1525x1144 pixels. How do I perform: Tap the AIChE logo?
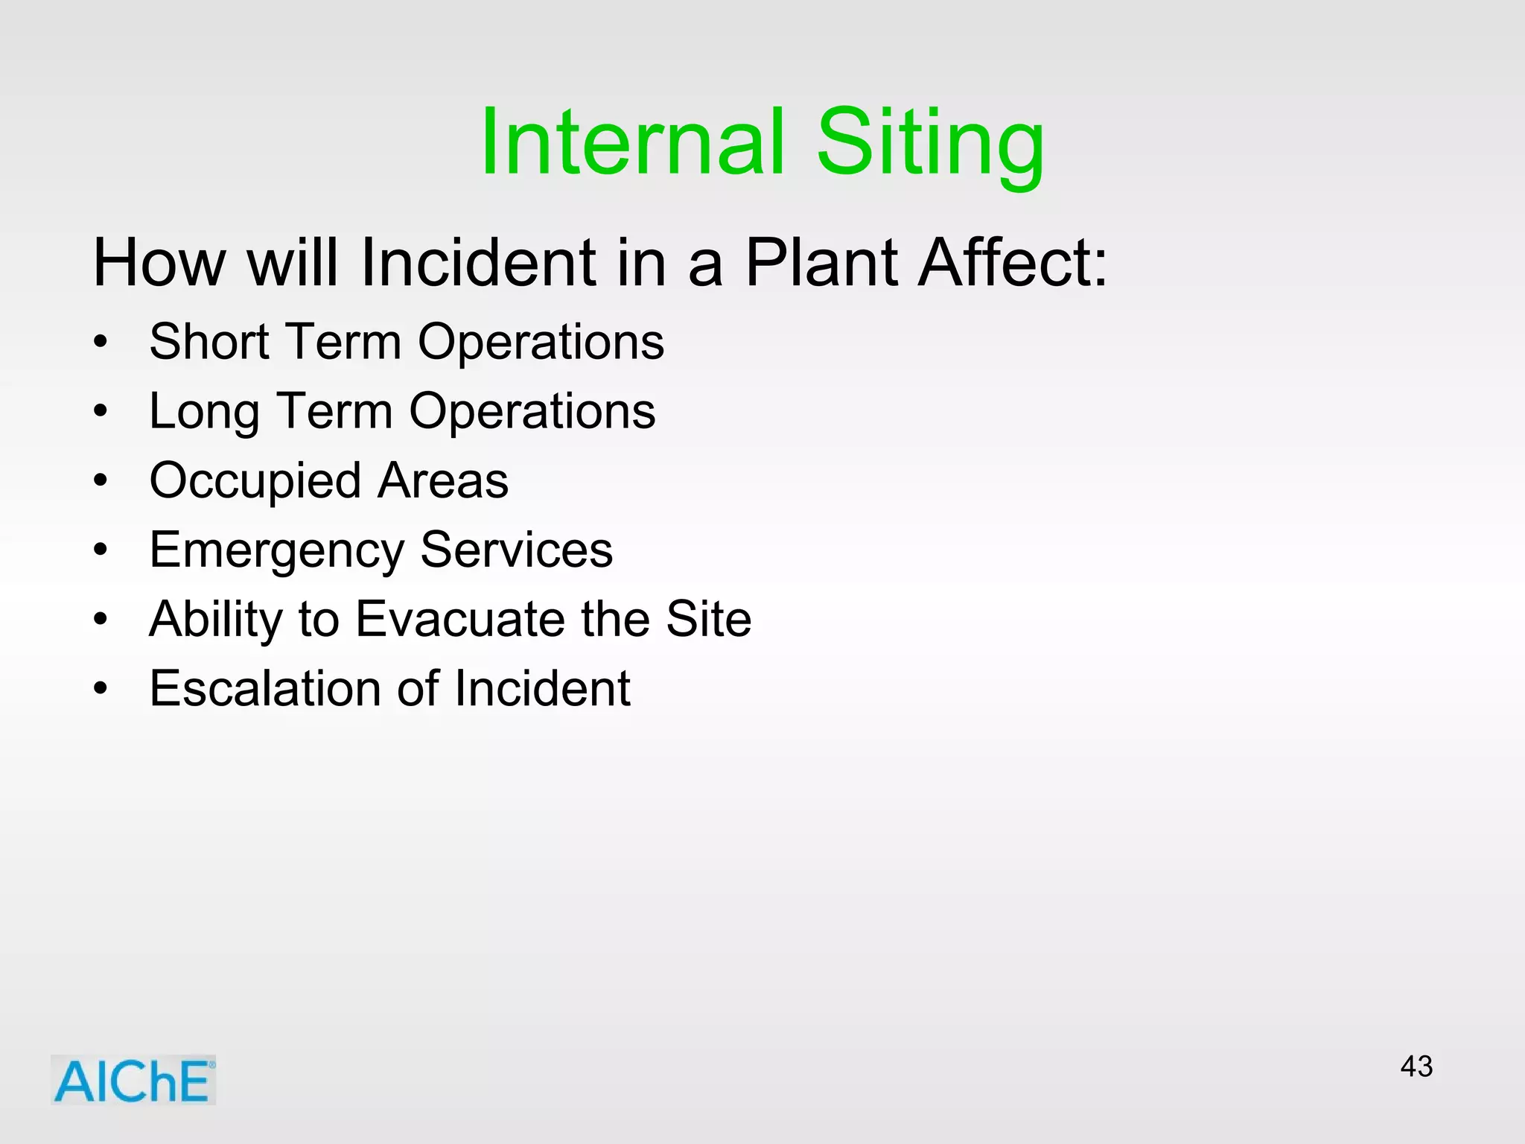133,1080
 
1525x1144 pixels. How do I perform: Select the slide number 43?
1416,1067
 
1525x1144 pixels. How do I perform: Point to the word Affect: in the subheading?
1013,262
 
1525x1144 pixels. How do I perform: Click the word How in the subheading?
159,262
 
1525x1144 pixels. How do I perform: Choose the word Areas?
443,480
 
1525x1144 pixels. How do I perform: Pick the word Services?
516,550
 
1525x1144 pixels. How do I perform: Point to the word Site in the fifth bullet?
708,619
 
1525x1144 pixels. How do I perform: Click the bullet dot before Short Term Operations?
101,343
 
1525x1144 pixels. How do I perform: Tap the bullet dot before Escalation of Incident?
101,689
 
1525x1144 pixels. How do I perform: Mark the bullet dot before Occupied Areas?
101,481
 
